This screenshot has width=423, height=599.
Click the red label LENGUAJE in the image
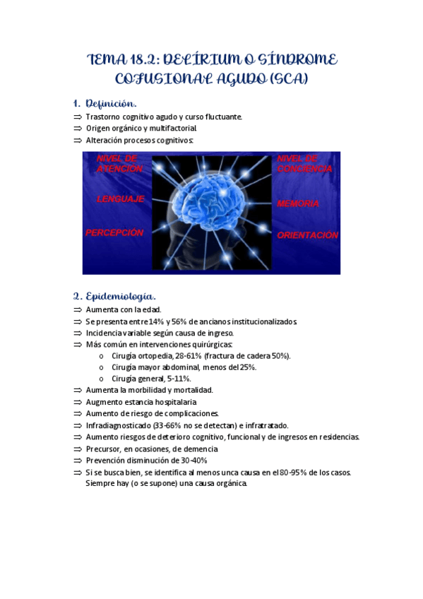(120, 199)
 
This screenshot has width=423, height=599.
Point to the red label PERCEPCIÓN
(114, 232)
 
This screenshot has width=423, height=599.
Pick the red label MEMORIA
(298, 203)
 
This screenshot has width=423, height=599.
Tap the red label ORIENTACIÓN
(307, 235)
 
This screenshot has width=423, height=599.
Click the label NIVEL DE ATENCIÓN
(119, 164)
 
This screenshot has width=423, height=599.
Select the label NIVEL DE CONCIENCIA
(304, 164)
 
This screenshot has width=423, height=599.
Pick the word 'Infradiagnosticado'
(117, 425)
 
